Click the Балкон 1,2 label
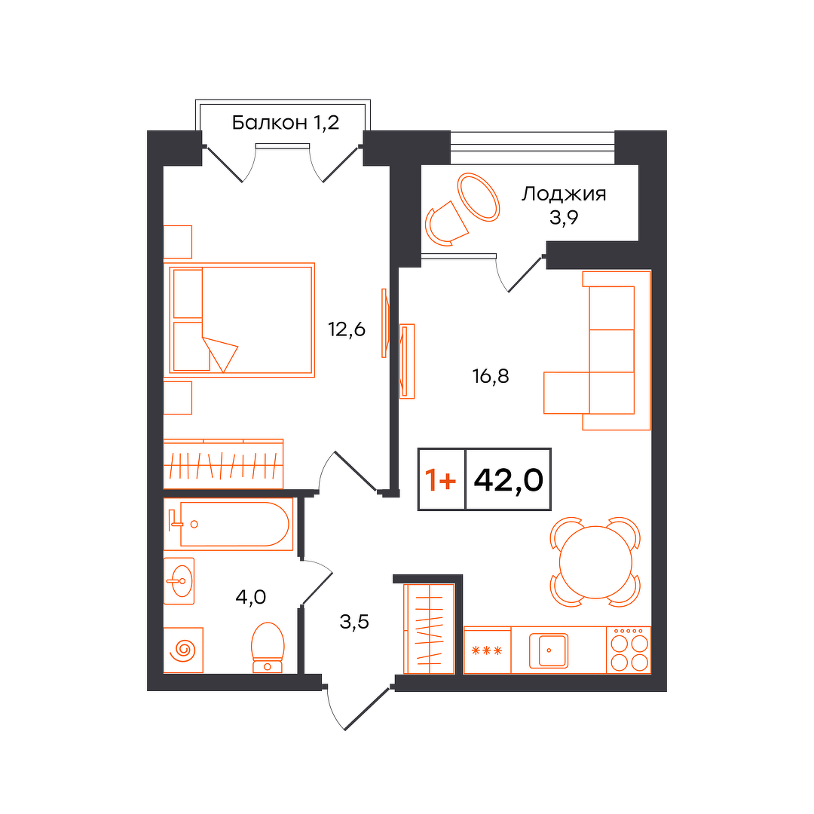click(285, 123)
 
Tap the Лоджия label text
click(564, 194)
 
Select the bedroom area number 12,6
click(347, 329)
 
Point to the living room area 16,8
click(491, 376)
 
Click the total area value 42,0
click(508, 479)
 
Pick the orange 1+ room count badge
click(441, 479)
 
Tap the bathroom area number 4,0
click(251, 597)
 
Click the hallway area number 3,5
click(354, 621)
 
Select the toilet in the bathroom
click(268, 647)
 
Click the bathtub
click(228, 524)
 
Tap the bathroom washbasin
click(179, 581)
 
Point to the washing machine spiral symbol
click(185, 650)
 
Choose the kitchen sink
click(549, 650)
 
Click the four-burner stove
click(629, 650)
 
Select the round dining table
click(595, 562)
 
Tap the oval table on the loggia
click(478, 197)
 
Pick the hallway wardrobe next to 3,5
click(430, 629)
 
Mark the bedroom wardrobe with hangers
click(223, 464)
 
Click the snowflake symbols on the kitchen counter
click(486, 650)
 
